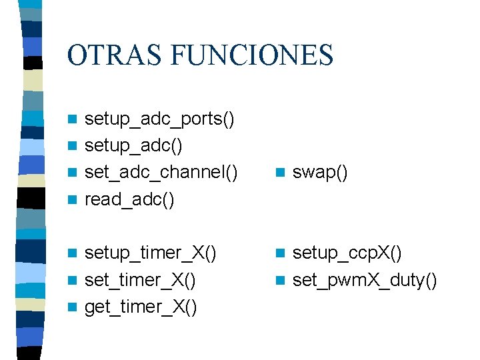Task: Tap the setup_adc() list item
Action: click(134, 146)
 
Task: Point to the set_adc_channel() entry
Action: click(161, 173)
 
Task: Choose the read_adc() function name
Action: click(130, 200)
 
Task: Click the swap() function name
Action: click(320, 173)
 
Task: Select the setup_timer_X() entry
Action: click(151, 253)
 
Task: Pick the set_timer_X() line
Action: click(141, 280)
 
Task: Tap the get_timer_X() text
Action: click(141, 307)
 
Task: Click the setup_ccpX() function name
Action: click(347, 253)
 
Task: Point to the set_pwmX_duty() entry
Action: click(365, 280)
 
